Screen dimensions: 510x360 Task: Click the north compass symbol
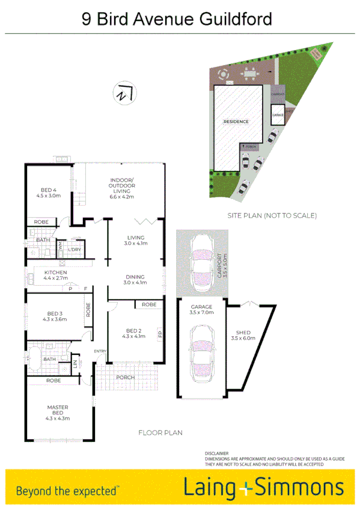[126, 93]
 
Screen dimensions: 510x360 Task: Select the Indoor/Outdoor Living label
[121, 188]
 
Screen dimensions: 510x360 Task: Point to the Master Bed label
[58, 412]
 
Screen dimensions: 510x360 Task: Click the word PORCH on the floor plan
[125, 377]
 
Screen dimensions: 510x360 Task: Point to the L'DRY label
[75, 250]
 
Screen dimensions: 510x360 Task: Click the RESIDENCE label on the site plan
[236, 122]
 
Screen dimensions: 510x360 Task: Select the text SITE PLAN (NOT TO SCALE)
[272, 215]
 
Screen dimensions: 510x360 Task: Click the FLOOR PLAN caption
[160, 432]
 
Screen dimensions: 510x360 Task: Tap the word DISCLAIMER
[216, 453]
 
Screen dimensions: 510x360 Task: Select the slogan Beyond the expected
[67, 490]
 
